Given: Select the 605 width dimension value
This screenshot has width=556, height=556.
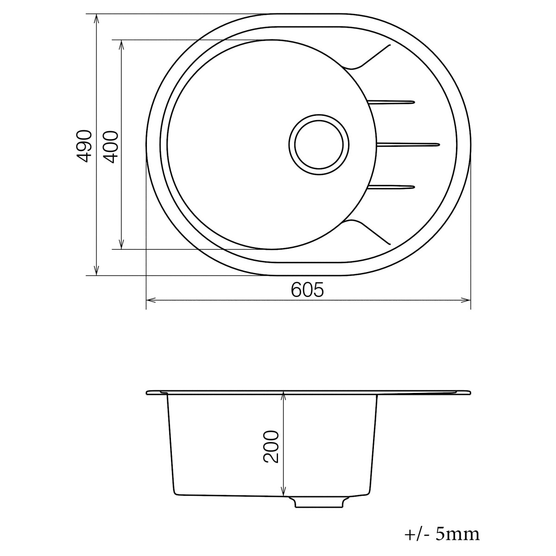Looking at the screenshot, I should (307, 290).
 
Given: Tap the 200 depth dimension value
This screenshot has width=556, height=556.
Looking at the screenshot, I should (272, 446).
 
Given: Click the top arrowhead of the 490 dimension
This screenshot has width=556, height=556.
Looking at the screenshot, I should (96, 19).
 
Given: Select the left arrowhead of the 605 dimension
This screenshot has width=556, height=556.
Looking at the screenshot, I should (151, 300).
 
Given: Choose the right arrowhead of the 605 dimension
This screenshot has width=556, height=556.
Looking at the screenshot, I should (466, 300).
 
